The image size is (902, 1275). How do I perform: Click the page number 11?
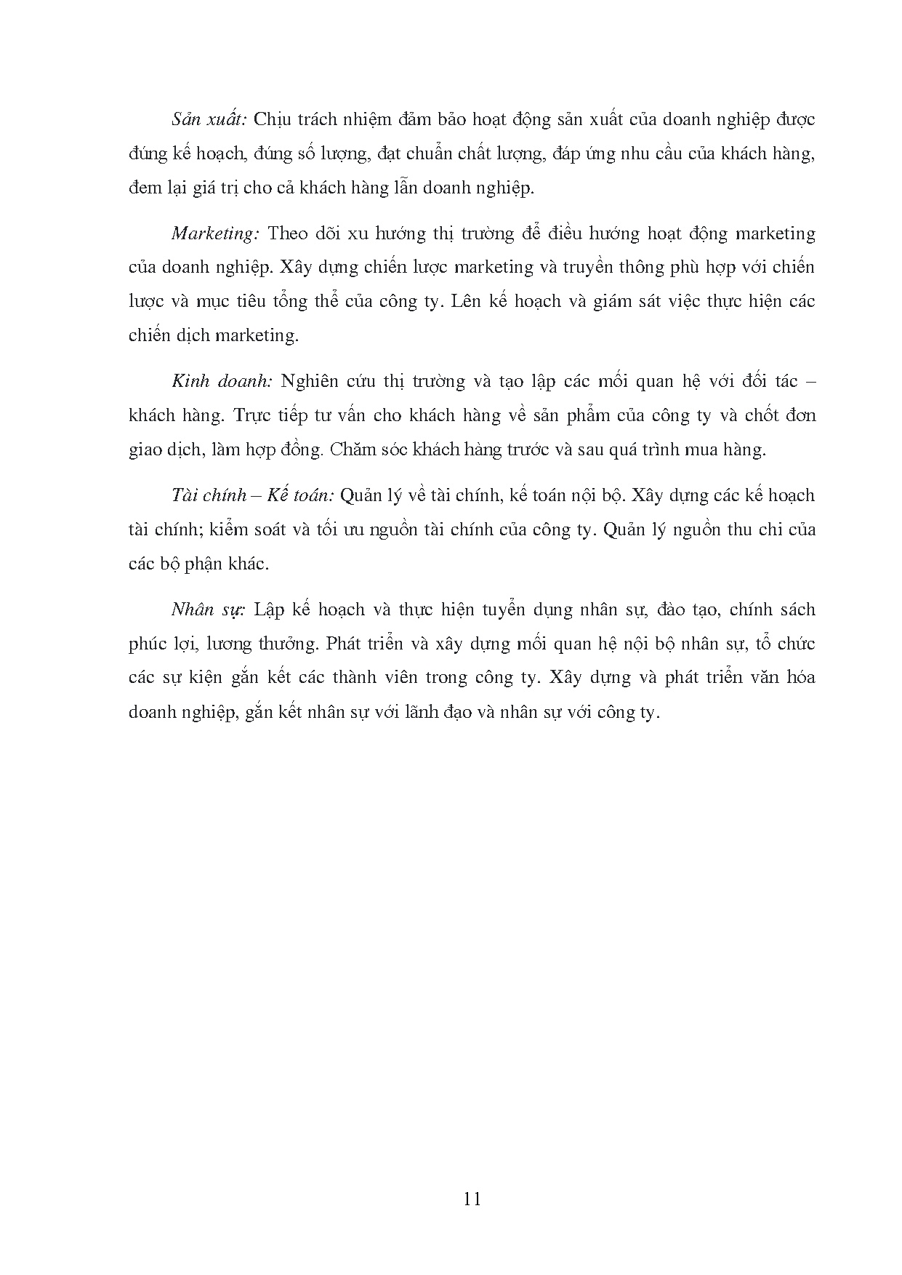pyautogui.click(x=472, y=1199)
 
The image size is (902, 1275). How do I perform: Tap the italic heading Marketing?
pyautogui.click(x=215, y=233)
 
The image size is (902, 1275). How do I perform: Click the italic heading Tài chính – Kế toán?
pyautogui.click(x=253, y=495)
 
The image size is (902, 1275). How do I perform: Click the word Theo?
pyautogui.click(x=289, y=233)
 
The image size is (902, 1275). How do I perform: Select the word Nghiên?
pyautogui.click(x=310, y=381)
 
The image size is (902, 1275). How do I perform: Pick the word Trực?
pyautogui.click(x=254, y=415)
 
